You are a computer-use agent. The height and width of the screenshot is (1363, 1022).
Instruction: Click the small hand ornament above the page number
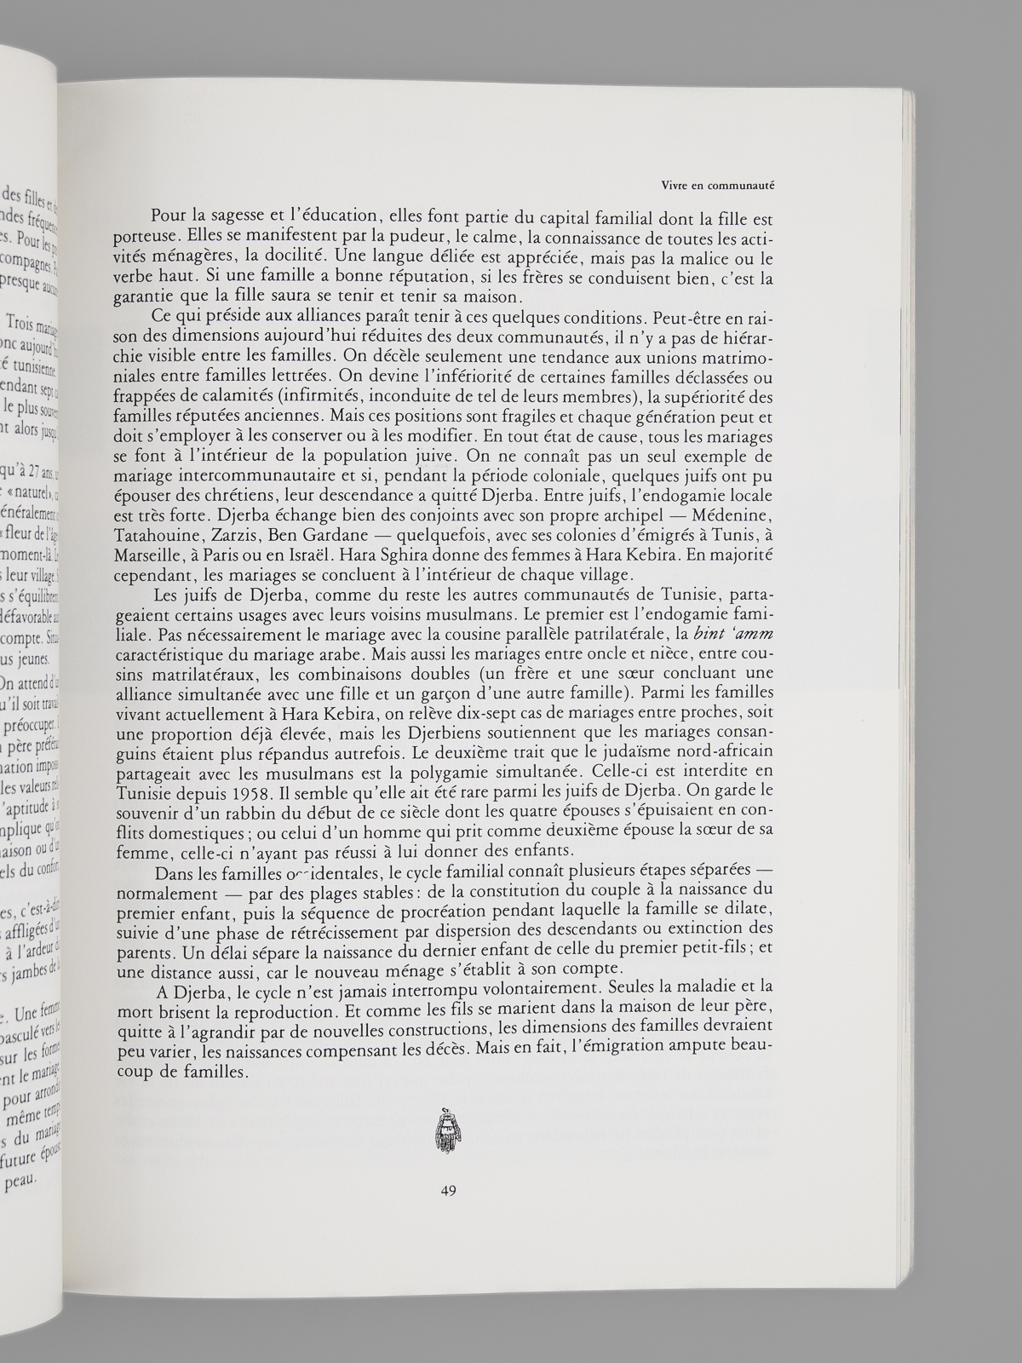441,1132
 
